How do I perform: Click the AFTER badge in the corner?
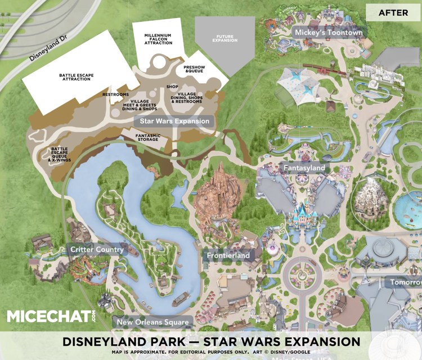click(393, 12)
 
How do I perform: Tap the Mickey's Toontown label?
click(329, 33)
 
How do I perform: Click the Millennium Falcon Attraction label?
click(158, 39)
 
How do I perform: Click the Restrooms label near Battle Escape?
click(116, 94)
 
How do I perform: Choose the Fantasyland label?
click(304, 168)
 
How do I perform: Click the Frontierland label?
click(228, 255)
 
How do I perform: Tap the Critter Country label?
click(96, 249)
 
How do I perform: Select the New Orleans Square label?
click(152, 322)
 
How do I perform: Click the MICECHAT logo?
click(51, 316)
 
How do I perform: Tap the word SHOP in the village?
click(172, 87)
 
